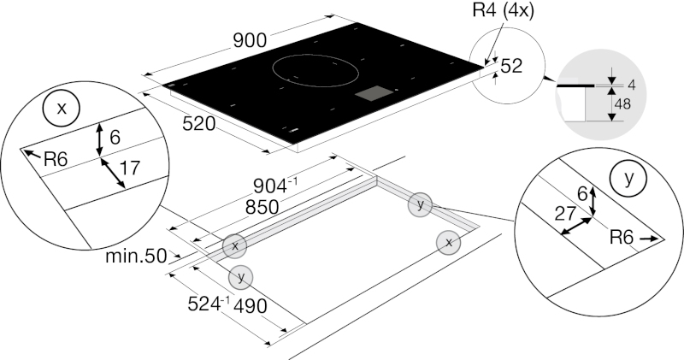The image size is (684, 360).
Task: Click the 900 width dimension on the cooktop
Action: (250, 40)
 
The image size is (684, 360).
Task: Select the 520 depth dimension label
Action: (199, 124)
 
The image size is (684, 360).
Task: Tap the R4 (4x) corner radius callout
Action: (503, 10)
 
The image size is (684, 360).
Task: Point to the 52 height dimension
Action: (511, 66)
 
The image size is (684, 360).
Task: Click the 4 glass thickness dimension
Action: (631, 85)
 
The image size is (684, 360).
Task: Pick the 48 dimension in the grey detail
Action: (622, 103)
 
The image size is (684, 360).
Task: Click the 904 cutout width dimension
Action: (275, 186)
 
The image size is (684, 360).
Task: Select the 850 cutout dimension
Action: (262, 207)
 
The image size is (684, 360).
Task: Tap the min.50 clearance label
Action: (136, 257)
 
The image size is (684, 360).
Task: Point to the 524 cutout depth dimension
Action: (209, 304)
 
